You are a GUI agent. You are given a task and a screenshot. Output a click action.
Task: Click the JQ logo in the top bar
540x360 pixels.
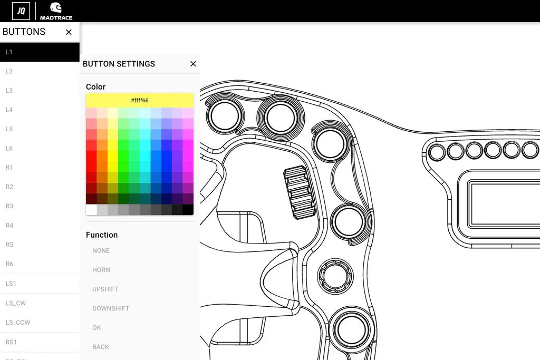[x=21, y=11]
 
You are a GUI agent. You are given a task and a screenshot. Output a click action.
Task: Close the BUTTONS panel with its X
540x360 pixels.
[x=69, y=32]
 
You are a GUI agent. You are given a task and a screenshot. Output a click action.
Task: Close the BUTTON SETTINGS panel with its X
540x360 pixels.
[x=193, y=64]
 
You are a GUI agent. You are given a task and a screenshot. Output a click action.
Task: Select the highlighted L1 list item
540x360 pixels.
[x=40, y=52]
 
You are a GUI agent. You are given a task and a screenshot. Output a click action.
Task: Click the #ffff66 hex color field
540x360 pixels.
[x=140, y=101]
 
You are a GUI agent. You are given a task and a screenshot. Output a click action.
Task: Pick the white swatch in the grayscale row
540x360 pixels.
[x=91, y=210]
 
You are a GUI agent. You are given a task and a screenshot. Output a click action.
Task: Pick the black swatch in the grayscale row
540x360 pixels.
[x=188, y=210]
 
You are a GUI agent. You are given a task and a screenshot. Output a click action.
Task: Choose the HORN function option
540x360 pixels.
[x=101, y=270]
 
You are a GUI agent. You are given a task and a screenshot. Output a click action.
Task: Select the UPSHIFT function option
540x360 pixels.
[x=105, y=289]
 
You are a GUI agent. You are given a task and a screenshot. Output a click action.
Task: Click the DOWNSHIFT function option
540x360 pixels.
[x=111, y=308]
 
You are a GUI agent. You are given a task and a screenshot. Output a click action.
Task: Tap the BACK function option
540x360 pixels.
[x=101, y=347]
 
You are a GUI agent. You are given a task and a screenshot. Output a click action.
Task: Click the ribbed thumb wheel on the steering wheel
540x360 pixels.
[x=300, y=192]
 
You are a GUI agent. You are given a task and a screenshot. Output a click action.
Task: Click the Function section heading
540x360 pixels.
[x=102, y=235]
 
